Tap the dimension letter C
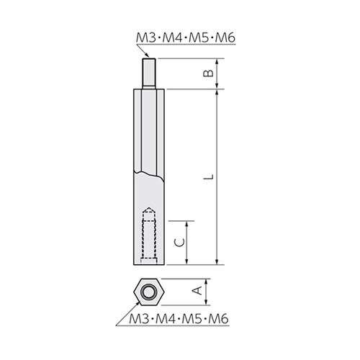(x=184, y=242)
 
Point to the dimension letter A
(x=195, y=290)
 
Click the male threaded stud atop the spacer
(x=150, y=72)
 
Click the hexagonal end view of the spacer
(x=149, y=291)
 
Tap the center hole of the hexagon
(x=149, y=291)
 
